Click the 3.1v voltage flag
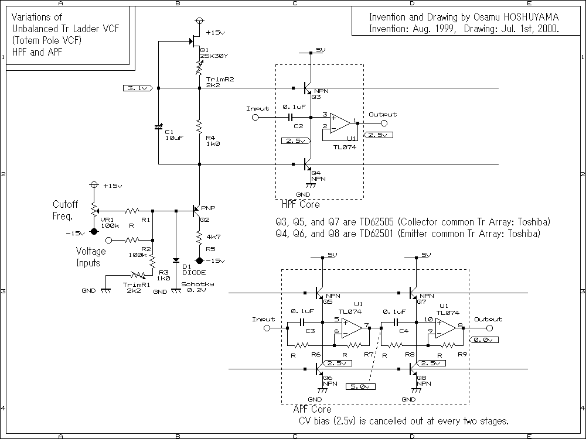pos(138,88)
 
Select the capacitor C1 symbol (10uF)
pos(158,126)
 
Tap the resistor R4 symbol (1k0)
pos(199,126)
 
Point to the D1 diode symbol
pos(176,259)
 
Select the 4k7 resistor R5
pos(199,238)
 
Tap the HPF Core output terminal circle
pos(384,123)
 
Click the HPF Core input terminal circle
pos(255,118)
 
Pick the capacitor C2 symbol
pos(291,118)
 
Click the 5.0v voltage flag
pos(360,386)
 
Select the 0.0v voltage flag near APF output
pos(484,339)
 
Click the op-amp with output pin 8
pos(445,328)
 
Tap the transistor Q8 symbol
pos(413,370)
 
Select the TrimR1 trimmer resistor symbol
pos(137,274)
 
